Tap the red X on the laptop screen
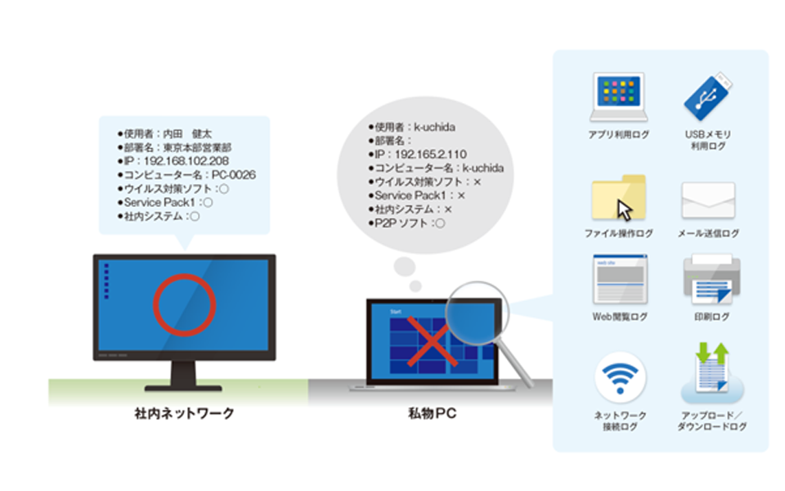(x=431, y=341)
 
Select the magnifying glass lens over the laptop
(x=477, y=313)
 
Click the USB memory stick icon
(x=708, y=96)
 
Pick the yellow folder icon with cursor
(x=619, y=197)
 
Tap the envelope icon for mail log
(x=708, y=200)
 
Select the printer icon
(x=711, y=279)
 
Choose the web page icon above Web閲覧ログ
(x=620, y=280)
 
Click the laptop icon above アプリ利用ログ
(x=619, y=97)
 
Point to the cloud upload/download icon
(x=712, y=373)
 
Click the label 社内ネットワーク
(x=184, y=413)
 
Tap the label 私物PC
(x=432, y=413)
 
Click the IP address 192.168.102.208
(x=186, y=161)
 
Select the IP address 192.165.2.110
(x=431, y=155)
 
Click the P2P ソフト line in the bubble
(x=406, y=223)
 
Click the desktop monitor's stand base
(x=183, y=388)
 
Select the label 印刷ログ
(x=711, y=317)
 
